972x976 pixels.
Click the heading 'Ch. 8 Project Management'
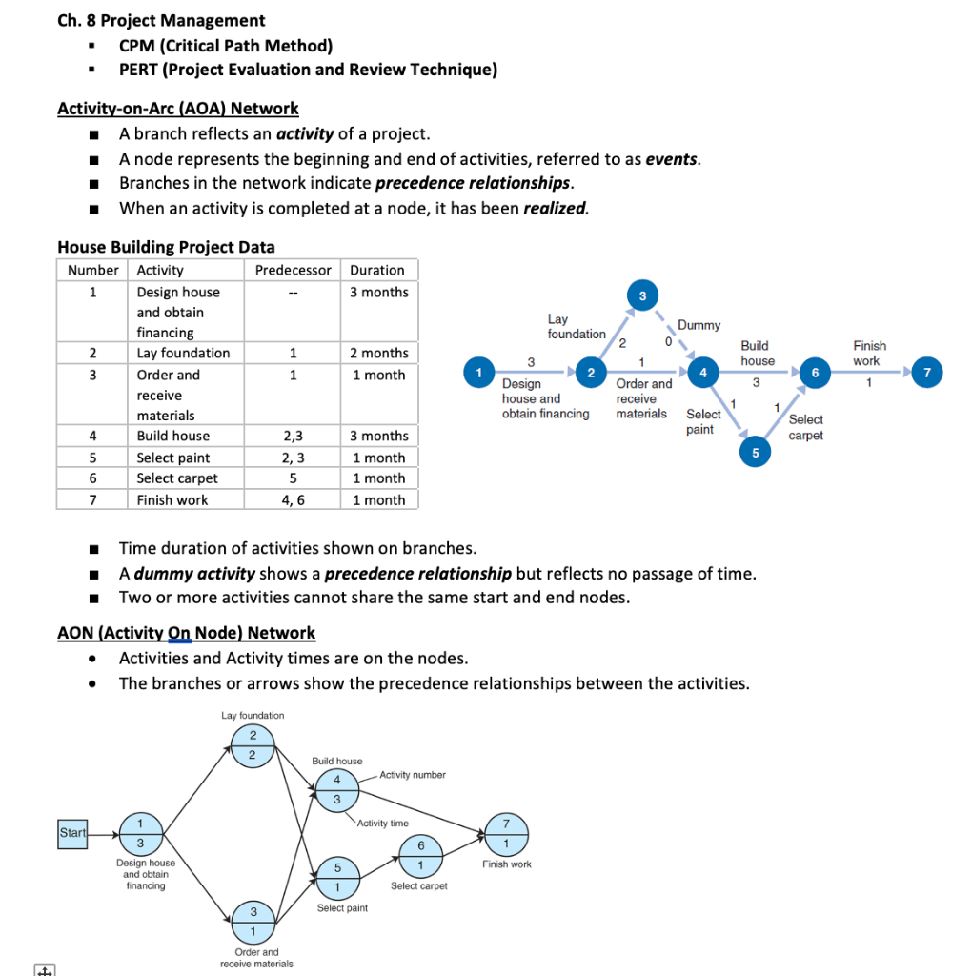click(161, 20)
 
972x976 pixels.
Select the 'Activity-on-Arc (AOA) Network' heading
click(178, 109)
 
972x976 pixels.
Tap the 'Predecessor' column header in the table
click(293, 270)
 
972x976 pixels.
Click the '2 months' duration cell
click(378, 353)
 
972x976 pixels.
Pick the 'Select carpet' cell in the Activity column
click(177, 478)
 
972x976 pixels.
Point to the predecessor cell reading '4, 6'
click(293, 499)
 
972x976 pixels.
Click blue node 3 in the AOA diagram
click(642, 296)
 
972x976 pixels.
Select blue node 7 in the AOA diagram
click(927, 372)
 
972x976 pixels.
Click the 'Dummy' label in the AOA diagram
click(699, 325)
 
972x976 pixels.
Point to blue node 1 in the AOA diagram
click(479, 372)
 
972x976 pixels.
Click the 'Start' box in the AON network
click(72, 833)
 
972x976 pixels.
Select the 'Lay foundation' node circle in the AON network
click(253, 744)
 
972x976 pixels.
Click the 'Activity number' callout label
click(412, 775)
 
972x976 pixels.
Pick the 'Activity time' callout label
click(382, 823)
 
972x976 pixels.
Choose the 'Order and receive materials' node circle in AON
click(253, 922)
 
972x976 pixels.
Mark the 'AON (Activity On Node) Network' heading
click(186, 633)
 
